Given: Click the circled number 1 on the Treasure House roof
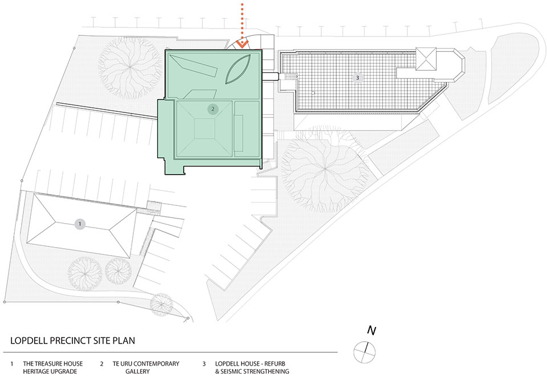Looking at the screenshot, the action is click(x=80, y=224).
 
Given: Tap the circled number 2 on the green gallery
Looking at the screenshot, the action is click(x=213, y=109).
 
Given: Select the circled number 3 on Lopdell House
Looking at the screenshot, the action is click(x=358, y=77).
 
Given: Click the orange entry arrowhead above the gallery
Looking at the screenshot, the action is click(x=242, y=44).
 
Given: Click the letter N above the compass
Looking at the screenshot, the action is click(x=372, y=330).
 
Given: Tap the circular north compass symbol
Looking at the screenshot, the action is click(x=365, y=352).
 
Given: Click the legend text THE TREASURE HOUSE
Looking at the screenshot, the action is click(x=53, y=364).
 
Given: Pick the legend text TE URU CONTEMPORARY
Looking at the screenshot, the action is click(x=146, y=364).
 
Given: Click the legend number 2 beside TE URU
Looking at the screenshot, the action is click(x=101, y=364).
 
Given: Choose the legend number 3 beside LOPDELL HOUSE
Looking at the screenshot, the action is click(x=204, y=364).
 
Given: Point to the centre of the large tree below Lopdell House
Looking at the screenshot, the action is click(x=325, y=170).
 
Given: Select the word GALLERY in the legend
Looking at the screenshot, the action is click(x=137, y=371).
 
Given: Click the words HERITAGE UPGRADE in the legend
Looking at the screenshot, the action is click(x=50, y=371).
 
